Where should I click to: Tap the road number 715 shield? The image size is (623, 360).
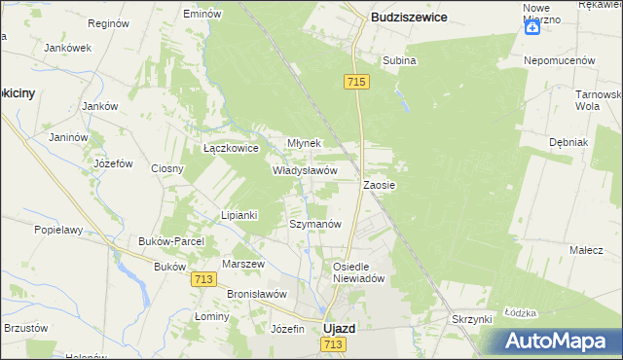click(x=355, y=84)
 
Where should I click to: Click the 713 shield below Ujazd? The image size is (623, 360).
click(x=334, y=345)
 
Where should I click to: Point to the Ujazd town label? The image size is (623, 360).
click(x=338, y=329)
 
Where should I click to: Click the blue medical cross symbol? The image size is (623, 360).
click(x=532, y=27)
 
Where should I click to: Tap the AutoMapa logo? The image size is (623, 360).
click(x=563, y=341)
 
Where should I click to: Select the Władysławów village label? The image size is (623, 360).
click(x=304, y=169)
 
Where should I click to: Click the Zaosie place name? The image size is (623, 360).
click(x=380, y=184)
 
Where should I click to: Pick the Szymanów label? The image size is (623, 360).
click(x=315, y=224)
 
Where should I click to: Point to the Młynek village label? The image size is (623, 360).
click(x=304, y=142)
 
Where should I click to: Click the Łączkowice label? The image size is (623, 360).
click(x=230, y=149)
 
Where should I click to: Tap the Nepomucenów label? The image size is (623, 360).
click(x=559, y=60)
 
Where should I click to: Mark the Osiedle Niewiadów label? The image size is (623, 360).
click(x=360, y=271)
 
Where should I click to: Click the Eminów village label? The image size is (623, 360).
click(x=202, y=15)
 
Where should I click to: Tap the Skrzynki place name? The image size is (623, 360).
click(x=475, y=319)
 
